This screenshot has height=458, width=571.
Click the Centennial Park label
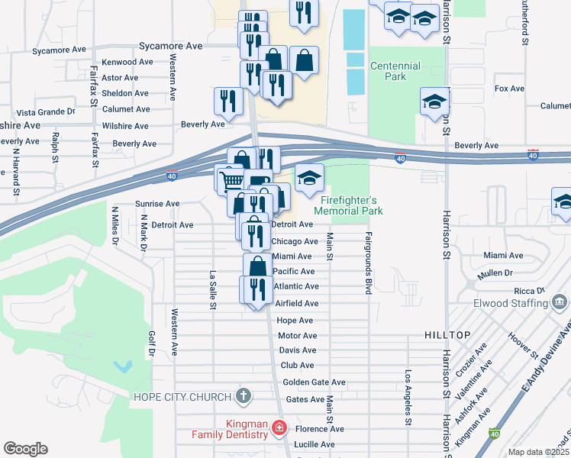pos(395,71)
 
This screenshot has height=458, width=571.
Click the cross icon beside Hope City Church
pos(243,396)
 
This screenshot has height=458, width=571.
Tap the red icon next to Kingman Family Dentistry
pos(280,427)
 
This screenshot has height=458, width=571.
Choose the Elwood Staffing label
pos(515,302)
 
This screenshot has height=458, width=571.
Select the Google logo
pos(25,449)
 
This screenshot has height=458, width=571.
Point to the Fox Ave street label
pos(509,89)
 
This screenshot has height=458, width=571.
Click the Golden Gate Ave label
pos(314,382)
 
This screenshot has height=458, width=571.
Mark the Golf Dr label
pos(151,344)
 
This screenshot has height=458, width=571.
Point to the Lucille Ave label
pos(315,444)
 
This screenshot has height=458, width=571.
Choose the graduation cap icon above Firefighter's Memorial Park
pos(309,179)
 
